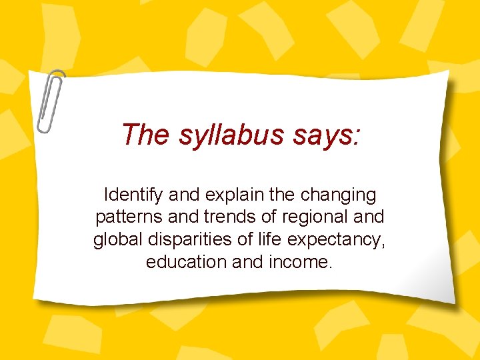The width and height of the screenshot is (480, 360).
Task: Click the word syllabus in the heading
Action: click(231, 135)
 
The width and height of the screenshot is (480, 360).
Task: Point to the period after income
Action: click(329, 267)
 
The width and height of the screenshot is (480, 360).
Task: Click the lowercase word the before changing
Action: click(285, 196)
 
